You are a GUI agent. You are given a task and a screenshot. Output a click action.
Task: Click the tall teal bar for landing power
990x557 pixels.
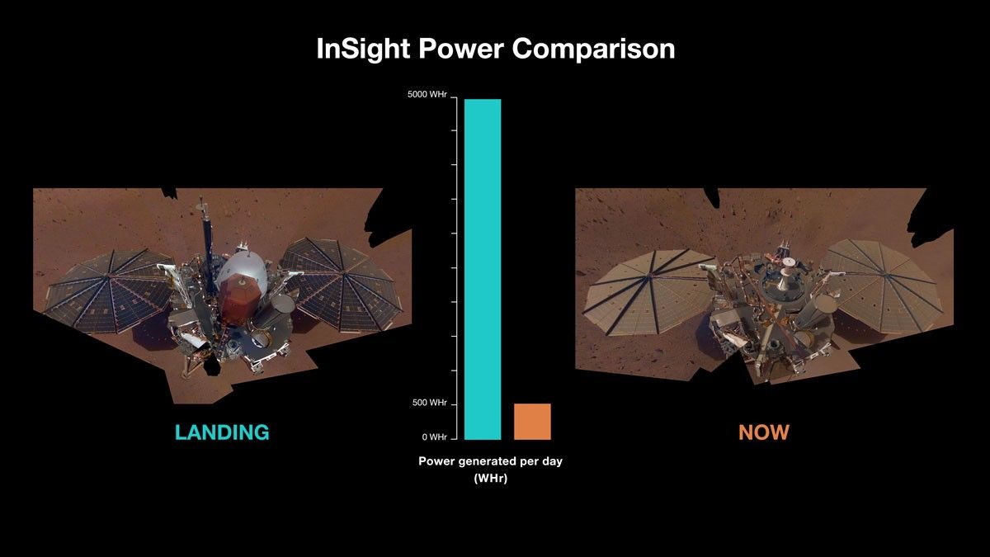click(483, 269)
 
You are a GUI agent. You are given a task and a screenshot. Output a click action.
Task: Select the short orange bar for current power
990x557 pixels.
click(532, 422)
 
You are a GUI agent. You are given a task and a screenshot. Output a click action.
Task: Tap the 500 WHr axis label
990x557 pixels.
click(430, 403)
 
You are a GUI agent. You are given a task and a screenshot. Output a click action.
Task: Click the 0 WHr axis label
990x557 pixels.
click(434, 437)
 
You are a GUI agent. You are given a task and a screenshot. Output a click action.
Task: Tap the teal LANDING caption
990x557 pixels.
click(221, 432)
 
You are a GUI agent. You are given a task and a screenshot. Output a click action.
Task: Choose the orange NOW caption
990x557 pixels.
click(763, 432)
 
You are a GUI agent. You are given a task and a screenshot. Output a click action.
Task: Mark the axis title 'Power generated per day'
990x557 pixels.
click(490, 461)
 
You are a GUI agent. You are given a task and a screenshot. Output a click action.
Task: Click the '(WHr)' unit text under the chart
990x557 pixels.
click(490, 477)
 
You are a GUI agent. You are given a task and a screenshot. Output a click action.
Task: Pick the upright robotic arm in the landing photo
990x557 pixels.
click(201, 235)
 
